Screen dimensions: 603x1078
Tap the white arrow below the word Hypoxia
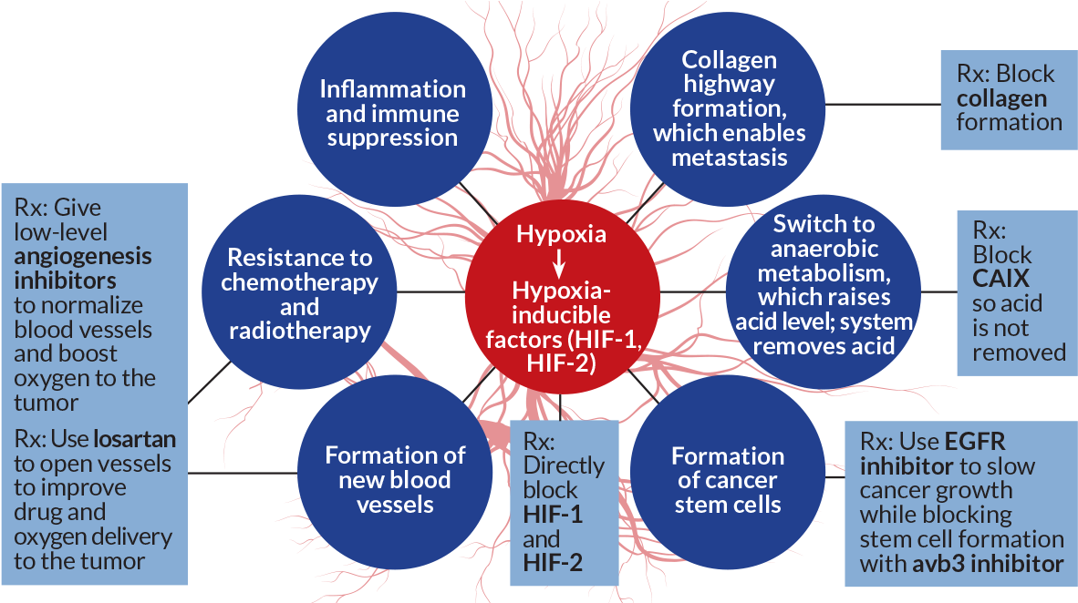[560, 262]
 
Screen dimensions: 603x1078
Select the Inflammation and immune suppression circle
[392, 114]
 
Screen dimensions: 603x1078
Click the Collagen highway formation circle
[729, 107]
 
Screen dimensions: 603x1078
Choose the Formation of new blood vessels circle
[394, 478]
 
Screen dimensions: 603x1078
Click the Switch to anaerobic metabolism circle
[824, 284]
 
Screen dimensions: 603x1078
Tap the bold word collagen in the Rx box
[1000, 98]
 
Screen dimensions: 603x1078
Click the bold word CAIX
[1000, 278]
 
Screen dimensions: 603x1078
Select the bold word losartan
[134, 440]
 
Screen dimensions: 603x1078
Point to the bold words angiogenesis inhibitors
[82, 268]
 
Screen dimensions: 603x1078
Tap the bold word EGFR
[974, 442]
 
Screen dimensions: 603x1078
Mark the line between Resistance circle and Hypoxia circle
[430, 292]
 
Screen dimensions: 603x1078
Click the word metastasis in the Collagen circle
[729, 157]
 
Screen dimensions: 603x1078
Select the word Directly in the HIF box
[564, 465]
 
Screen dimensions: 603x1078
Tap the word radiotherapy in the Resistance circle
[299, 330]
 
